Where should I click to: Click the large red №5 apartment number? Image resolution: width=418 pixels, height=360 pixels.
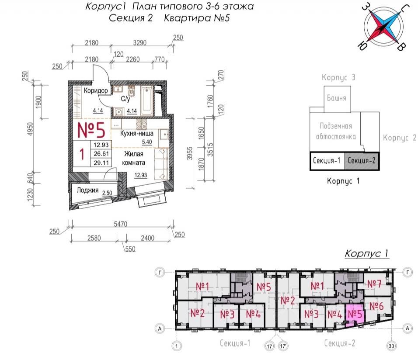[91, 130]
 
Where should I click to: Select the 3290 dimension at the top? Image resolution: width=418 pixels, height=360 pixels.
[142, 43]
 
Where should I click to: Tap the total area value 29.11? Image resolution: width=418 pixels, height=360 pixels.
[101, 162]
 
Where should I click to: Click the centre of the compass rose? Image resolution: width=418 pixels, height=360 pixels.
[384, 28]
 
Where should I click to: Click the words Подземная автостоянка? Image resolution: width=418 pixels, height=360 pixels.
[336, 131]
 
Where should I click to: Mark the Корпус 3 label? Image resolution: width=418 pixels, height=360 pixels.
[338, 78]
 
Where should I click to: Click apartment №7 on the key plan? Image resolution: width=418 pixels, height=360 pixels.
[374, 284]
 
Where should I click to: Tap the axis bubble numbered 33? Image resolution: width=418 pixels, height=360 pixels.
[391, 346]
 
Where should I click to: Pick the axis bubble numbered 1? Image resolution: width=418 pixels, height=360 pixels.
[177, 346]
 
